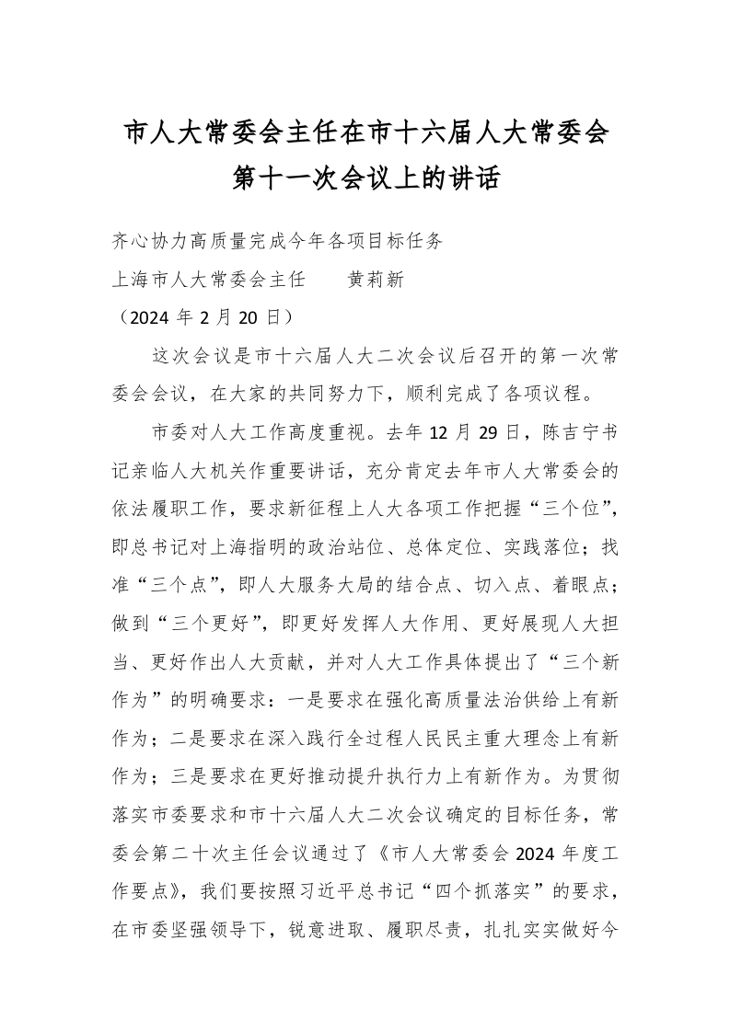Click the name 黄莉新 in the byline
click(x=375, y=280)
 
